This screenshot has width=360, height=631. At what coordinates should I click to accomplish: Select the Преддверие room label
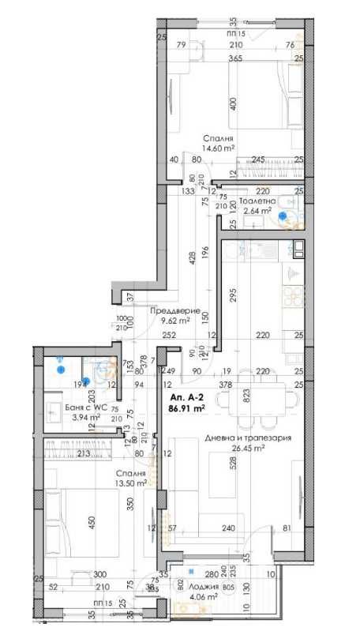tap(170, 310)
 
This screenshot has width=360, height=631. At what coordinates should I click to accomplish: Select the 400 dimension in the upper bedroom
tap(232, 104)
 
